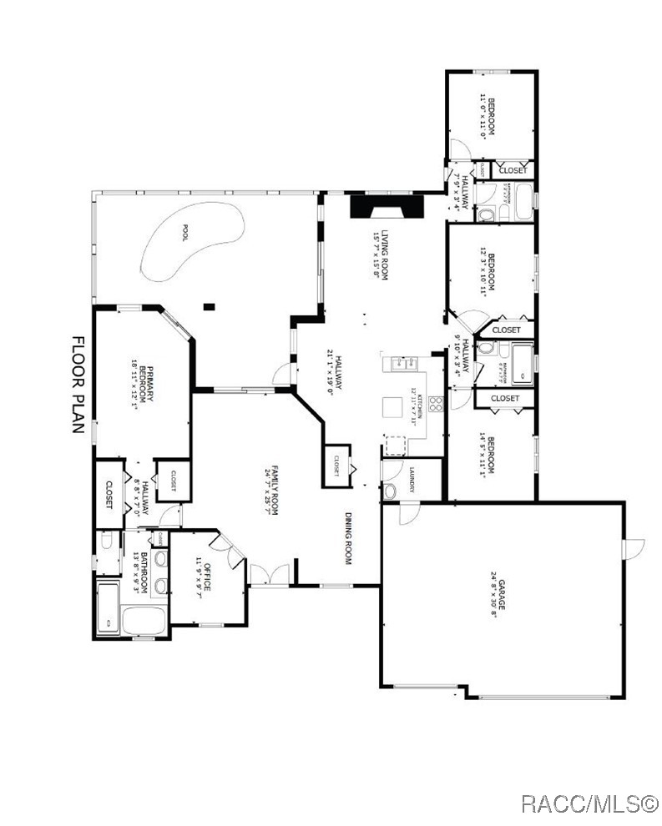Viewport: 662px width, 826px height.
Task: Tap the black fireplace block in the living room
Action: pos(387,206)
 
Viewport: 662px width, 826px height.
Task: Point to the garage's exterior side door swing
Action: pos(634,549)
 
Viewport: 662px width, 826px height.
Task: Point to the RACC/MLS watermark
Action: pos(589,804)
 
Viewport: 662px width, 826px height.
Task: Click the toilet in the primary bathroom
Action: pos(106,542)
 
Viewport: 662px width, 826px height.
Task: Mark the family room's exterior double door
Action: pos(270,575)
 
